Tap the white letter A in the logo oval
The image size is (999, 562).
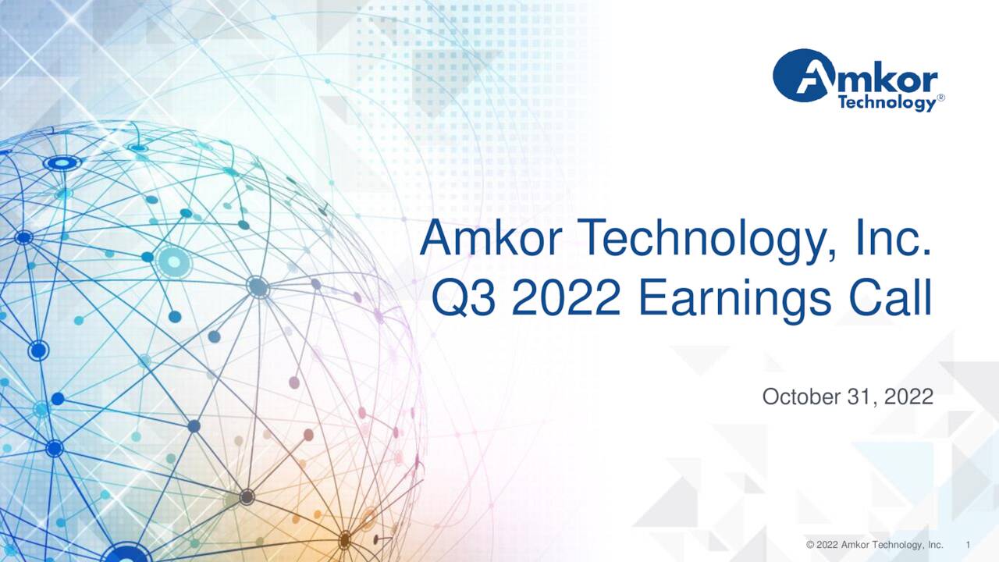tap(802, 76)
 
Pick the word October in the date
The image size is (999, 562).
tap(800, 397)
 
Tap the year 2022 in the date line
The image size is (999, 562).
tap(907, 397)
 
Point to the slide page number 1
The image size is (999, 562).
tap(968, 544)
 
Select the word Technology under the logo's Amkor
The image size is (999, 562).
tap(885, 102)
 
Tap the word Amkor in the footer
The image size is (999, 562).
tap(855, 544)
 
